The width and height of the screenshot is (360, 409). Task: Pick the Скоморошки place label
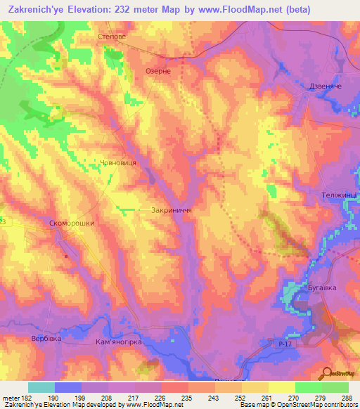pos(72,223)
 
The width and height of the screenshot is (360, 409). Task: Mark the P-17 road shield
pos(281,342)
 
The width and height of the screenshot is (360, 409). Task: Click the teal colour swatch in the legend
pos(41,387)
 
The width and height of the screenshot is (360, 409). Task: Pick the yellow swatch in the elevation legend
pos(282,387)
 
